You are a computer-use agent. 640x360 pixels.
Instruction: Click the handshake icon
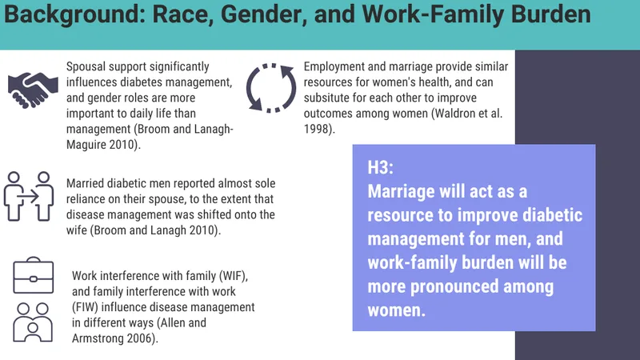click(33, 90)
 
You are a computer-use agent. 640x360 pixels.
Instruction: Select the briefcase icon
click(34, 275)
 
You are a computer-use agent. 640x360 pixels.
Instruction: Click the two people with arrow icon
click(29, 196)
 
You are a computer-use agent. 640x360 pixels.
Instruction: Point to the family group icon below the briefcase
click(33, 322)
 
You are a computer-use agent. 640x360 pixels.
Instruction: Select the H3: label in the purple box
click(381, 167)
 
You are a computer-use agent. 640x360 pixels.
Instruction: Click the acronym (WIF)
click(234, 276)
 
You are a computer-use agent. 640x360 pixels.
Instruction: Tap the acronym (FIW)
click(86, 307)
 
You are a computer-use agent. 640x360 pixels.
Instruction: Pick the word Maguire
click(84, 145)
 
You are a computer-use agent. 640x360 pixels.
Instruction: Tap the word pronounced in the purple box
click(454, 286)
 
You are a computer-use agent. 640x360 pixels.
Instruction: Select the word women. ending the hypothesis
click(396, 310)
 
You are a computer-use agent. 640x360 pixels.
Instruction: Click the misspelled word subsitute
click(327, 98)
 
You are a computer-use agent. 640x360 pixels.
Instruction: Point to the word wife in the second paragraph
click(76, 230)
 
